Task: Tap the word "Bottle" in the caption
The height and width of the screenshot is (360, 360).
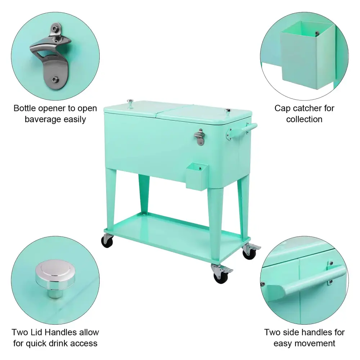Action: pos(24,108)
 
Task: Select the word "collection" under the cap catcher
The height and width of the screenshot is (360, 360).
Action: pos(304,119)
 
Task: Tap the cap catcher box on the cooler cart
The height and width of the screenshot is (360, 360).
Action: pos(197,176)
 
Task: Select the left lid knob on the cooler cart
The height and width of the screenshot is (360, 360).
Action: pos(130,103)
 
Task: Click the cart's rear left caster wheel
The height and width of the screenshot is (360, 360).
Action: pos(107,241)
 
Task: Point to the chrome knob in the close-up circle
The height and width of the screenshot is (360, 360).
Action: pos(55,278)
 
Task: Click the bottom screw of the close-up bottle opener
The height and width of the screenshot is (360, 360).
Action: pos(55,80)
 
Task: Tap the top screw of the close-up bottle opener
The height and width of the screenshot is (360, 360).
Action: pos(55,29)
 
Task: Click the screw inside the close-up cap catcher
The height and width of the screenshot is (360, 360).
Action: pos(317,33)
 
